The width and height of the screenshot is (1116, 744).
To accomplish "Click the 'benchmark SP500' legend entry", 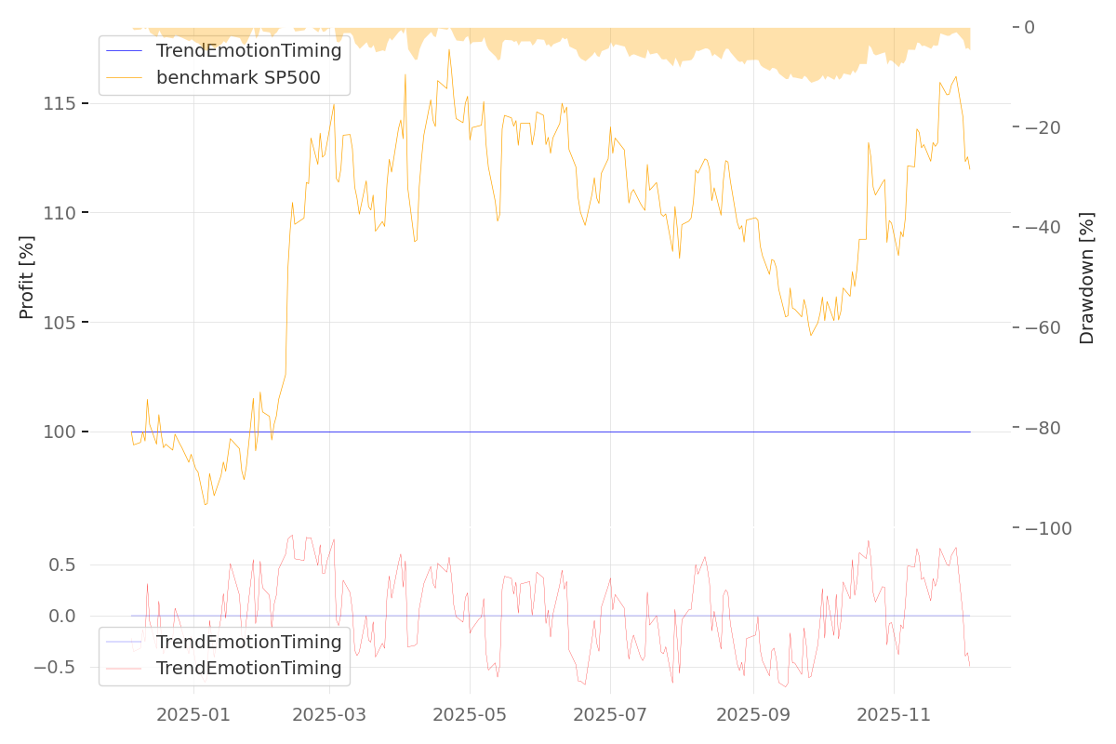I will tap(238, 77).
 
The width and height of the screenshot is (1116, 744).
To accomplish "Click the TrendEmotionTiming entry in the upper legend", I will tap(248, 51).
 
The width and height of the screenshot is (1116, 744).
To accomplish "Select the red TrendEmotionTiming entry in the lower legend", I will tap(248, 668).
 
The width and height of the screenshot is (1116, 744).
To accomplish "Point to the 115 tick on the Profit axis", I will tap(59, 103).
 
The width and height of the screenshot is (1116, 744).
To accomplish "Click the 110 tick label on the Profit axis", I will tap(59, 213).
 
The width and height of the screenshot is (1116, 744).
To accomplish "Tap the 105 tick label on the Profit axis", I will tap(59, 323).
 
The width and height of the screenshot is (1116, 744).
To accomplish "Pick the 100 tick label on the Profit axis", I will tap(59, 432).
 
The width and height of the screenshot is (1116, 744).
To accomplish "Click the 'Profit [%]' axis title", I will tap(27, 277).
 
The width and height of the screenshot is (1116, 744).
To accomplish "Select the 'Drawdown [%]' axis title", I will tap(1086, 277).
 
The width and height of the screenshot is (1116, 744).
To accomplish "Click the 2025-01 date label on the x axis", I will tap(193, 715).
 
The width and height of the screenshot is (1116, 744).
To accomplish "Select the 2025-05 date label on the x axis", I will tap(470, 715).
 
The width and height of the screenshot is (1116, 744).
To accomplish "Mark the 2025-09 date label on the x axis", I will tap(752, 715).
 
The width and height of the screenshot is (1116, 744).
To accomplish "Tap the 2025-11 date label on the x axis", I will tap(893, 715).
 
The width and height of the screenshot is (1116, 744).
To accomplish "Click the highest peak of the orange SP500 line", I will tap(448, 49).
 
